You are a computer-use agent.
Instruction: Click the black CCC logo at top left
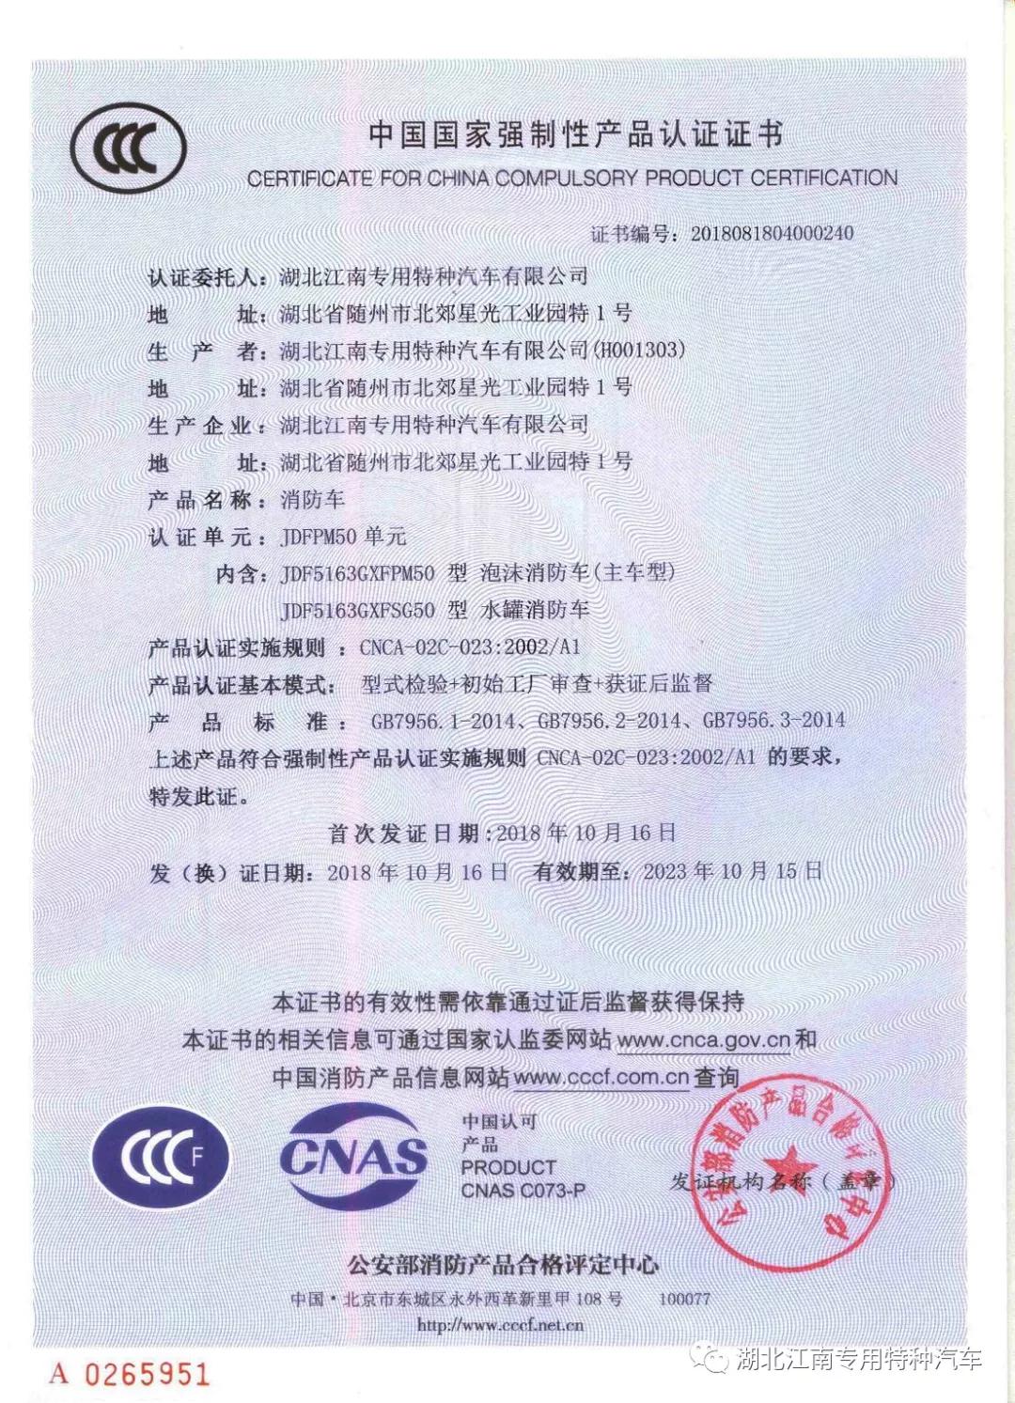pos(128,148)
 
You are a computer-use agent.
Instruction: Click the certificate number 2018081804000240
pos(772,233)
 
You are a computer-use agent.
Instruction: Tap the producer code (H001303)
pos(638,350)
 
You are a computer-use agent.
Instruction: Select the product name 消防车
pos(313,499)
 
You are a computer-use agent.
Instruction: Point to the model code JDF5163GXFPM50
pos(357,573)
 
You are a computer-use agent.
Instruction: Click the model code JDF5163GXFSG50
pos(357,611)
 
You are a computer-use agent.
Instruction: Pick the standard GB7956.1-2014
pos(444,721)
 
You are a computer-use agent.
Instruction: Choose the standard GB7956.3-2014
pos(773,721)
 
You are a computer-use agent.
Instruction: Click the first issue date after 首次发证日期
pos(586,833)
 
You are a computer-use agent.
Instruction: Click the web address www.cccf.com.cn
pos(601,1078)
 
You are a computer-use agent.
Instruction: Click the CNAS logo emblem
pos(353,1157)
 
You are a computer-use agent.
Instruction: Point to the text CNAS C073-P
pos(523,1191)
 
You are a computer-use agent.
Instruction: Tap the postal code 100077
pos(684,1299)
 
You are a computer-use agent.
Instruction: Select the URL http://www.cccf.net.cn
pos(500,1325)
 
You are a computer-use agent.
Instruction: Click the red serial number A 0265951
pos(130,1374)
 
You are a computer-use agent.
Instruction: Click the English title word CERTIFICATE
pos(310,179)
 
